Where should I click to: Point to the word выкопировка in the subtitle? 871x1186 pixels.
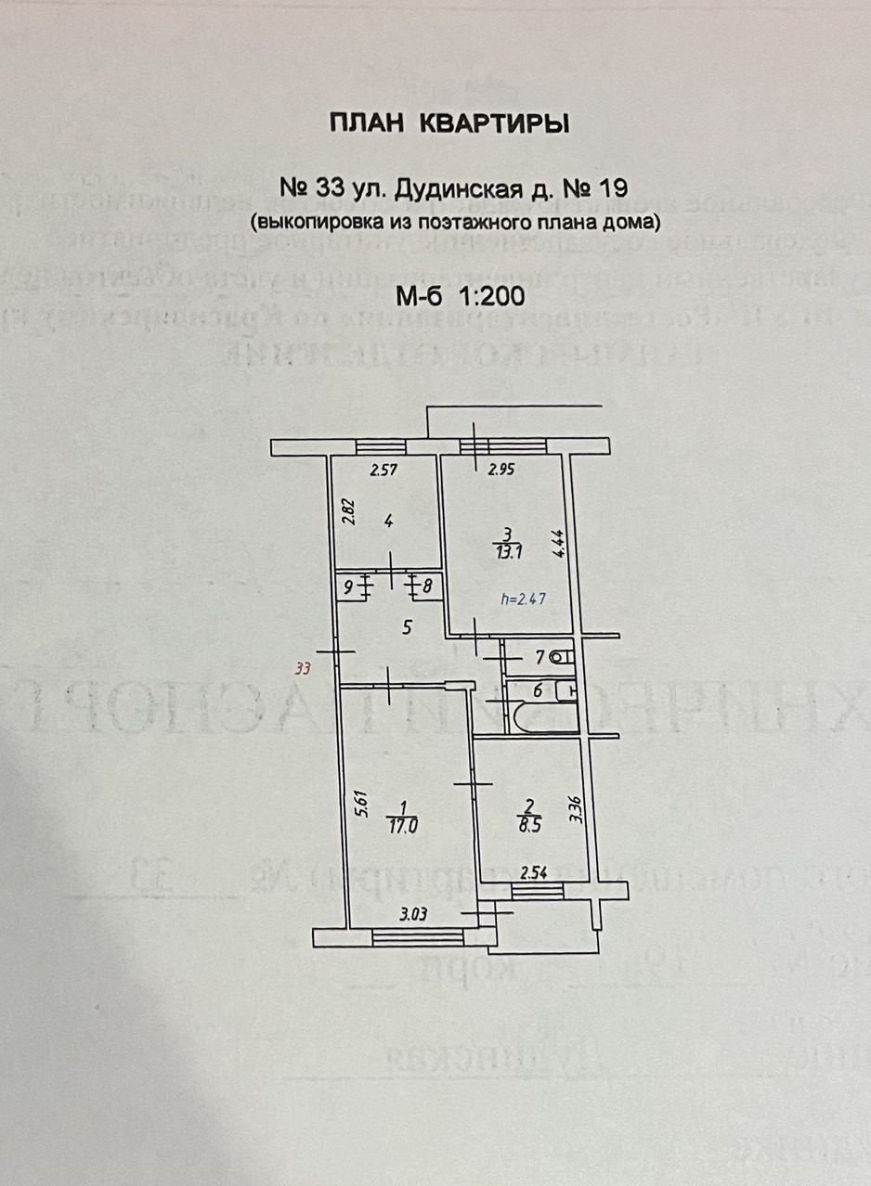point(315,222)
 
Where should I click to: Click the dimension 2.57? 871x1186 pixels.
point(383,471)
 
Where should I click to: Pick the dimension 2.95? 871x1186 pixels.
point(501,471)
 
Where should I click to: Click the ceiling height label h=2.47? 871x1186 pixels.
point(523,599)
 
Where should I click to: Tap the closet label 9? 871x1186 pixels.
point(347,587)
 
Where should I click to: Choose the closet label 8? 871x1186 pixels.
point(427,587)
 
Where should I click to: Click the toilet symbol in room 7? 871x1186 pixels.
point(561,658)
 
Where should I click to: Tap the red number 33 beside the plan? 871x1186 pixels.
point(301,667)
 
